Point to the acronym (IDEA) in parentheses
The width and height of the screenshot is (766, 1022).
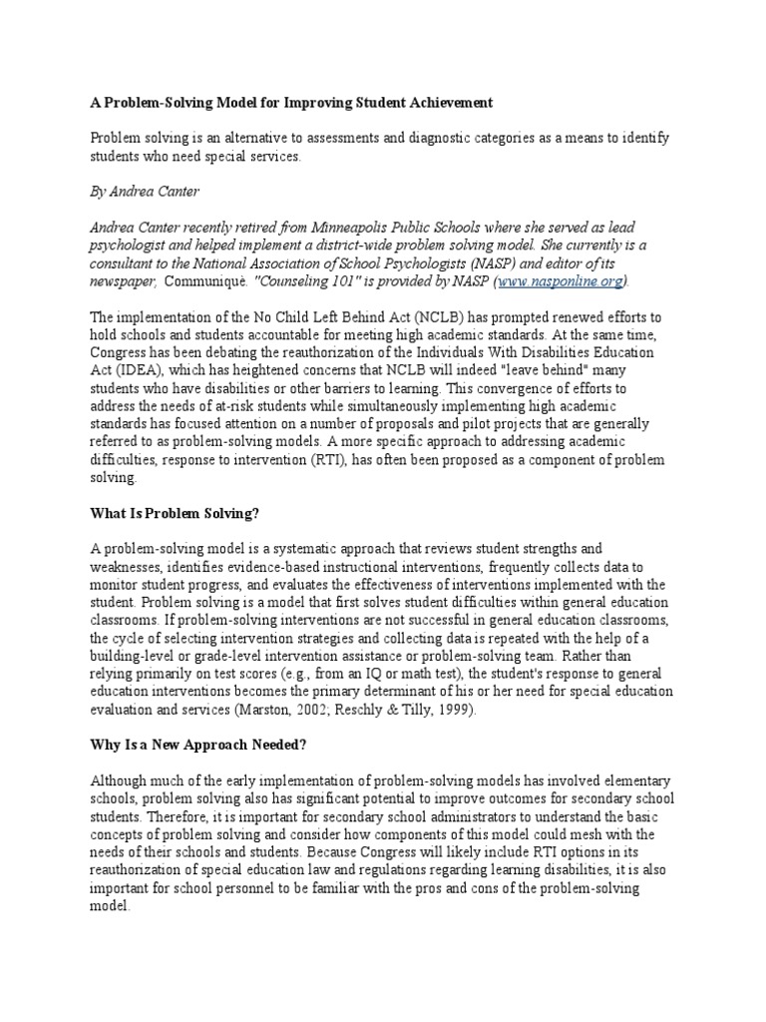(121, 370)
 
